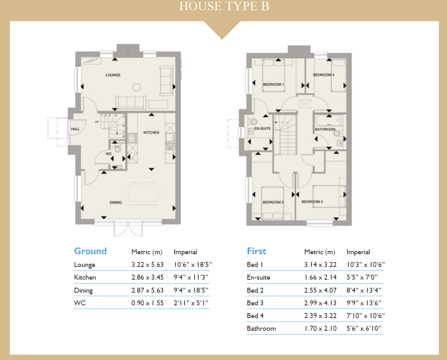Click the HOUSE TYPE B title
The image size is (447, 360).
coord(224,6)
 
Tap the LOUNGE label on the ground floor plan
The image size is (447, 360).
coord(113,75)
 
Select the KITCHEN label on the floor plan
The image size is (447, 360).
coord(151,133)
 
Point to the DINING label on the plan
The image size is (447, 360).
coord(116,203)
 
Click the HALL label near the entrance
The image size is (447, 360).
coord(75,129)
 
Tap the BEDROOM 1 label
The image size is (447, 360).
coord(273,85)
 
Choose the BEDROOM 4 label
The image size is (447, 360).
coord(324,75)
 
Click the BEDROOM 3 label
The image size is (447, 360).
coord(312,202)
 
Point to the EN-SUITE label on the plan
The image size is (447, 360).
coord(262,129)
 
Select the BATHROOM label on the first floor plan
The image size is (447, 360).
coord(325,129)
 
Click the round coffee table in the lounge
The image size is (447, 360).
coord(137,87)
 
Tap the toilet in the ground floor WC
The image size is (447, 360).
coord(118,148)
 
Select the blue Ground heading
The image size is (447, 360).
coord(90,251)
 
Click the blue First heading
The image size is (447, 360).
coord(256,251)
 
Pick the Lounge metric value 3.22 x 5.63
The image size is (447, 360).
coord(147,264)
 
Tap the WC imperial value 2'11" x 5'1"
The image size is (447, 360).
coord(191,303)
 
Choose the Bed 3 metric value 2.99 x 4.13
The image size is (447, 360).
coord(320,303)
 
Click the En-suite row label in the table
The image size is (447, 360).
coord(259,277)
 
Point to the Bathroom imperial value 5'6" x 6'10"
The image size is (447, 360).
coord(364,328)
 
